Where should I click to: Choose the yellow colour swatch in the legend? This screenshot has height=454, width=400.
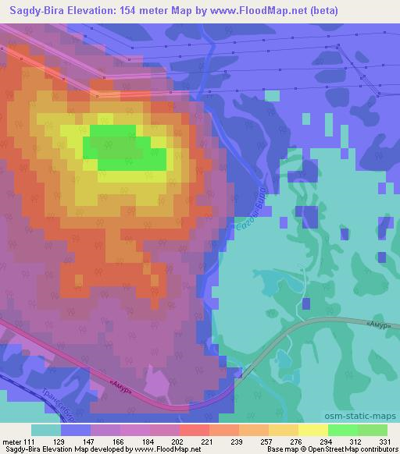pyautogui.click(x=313, y=430)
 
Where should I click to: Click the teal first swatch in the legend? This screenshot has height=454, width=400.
pyautogui.click(x=46, y=430)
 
